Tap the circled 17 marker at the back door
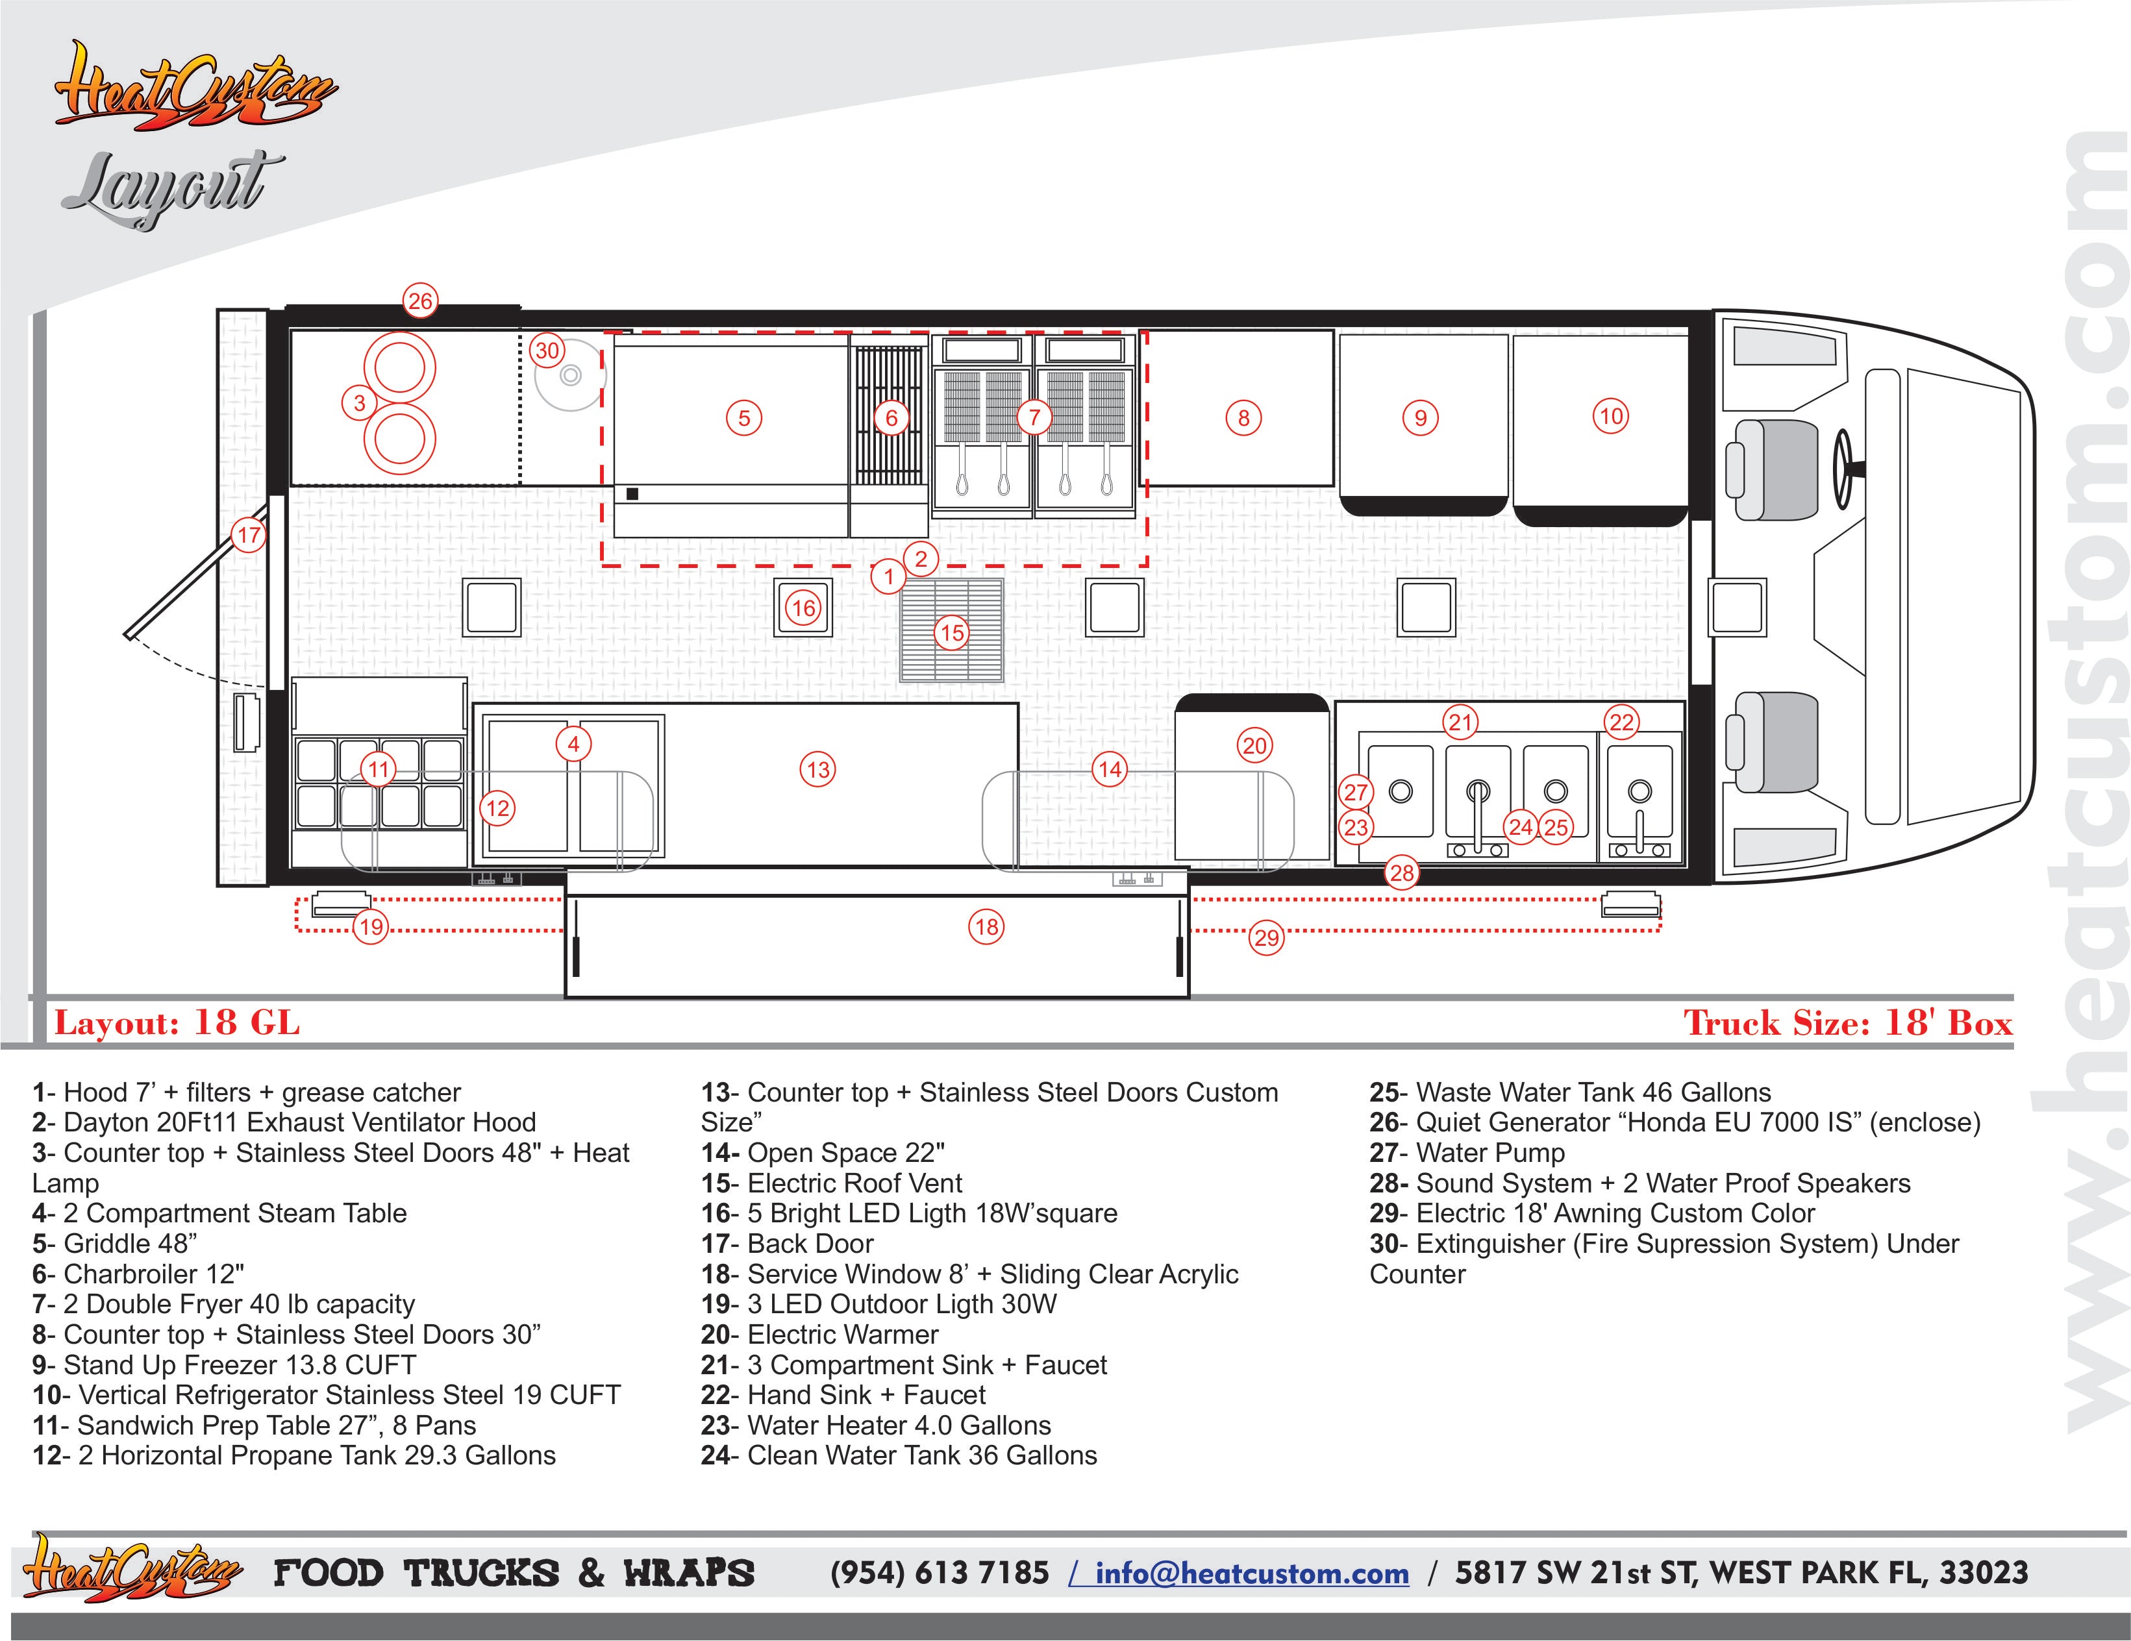249,535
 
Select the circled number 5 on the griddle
743,419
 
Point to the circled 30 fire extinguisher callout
547,351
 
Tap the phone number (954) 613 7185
940,1573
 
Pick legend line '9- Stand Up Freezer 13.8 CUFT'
225,1365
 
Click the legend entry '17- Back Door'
788,1244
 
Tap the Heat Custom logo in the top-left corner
195,88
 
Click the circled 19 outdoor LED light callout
371,927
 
